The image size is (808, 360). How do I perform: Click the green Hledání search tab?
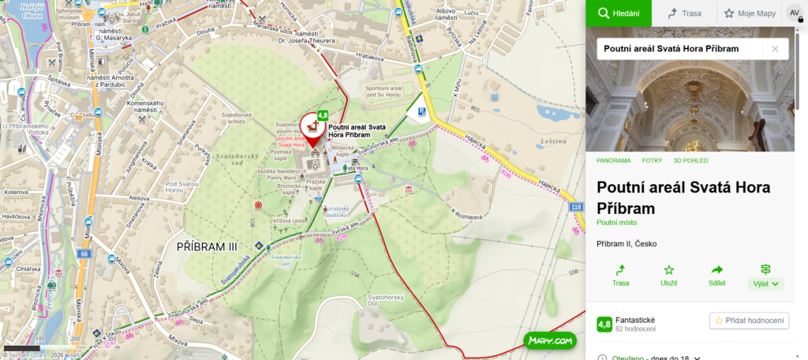coord(618,13)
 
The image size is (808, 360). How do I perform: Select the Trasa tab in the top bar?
coord(684,13)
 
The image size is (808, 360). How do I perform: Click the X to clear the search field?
coord(775,49)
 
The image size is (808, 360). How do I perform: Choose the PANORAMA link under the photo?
coord(614,160)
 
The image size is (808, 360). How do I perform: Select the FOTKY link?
coord(652,160)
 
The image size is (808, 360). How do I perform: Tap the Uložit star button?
coord(668,275)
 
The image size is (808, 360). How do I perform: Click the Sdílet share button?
coord(716,275)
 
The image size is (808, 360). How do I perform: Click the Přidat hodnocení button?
coord(750,321)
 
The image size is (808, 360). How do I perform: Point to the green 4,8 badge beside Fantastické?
coord(604,324)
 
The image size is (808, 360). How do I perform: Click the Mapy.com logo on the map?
coord(550,340)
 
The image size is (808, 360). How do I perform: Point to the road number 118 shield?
coord(575,207)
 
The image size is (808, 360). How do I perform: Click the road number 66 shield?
coord(84,253)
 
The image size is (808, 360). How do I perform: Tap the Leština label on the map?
coord(554,142)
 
